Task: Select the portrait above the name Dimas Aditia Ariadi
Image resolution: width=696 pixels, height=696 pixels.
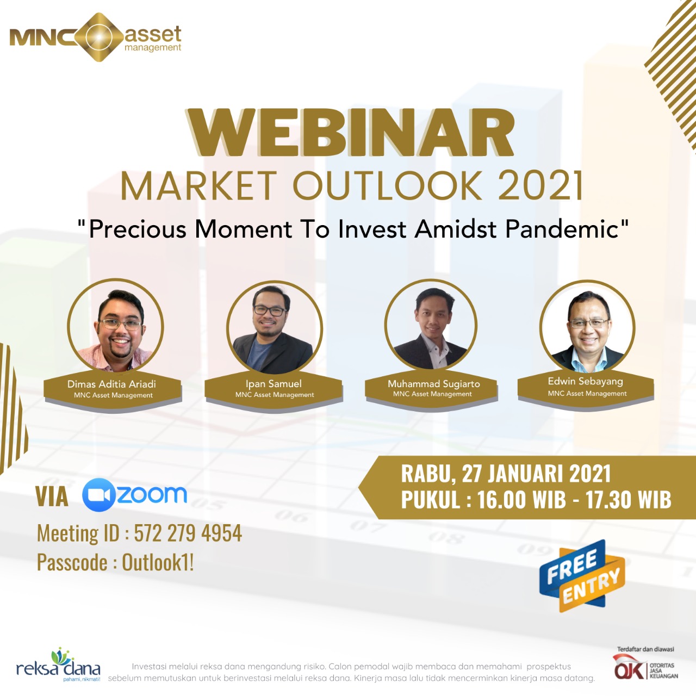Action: point(115,326)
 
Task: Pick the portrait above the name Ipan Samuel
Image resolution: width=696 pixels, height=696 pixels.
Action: point(274,328)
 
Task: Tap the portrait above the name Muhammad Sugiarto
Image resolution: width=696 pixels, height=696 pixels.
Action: point(431,325)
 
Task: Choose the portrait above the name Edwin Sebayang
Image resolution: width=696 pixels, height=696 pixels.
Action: point(587,327)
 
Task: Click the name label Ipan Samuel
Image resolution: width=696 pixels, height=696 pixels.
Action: point(274,383)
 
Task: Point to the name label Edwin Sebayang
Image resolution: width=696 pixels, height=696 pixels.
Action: point(586,381)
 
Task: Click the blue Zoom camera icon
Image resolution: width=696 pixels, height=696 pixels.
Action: point(98,495)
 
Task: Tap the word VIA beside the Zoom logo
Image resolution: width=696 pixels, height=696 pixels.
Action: point(52,497)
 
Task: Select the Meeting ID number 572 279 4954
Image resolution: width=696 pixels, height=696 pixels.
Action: point(188,533)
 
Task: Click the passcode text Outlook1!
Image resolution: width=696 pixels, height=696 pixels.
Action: point(158,563)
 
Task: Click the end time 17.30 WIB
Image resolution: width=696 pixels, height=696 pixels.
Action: point(628,500)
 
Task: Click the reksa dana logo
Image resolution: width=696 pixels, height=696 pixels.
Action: point(59,666)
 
